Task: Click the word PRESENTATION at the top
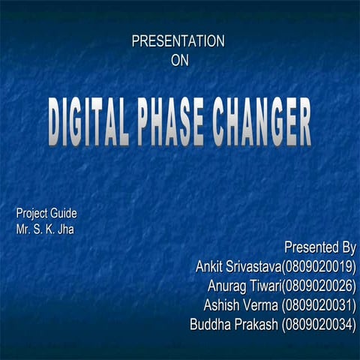pyautogui.click(x=178, y=41)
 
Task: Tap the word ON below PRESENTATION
pyautogui.click(x=180, y=60)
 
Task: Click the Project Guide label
pyautogui.click(x=46, y=213)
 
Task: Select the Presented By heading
pyautogui.click(x=319, y=247)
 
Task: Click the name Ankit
pyautogui.click(x=211, y=266)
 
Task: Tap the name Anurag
pyautogui.click(x=227, y=286)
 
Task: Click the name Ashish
pyautogui.click(x=222, y=305)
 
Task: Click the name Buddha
pyautogui.click(x=211, y=325)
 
